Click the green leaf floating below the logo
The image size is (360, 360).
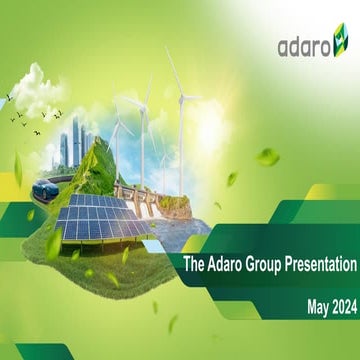point(269,157)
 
